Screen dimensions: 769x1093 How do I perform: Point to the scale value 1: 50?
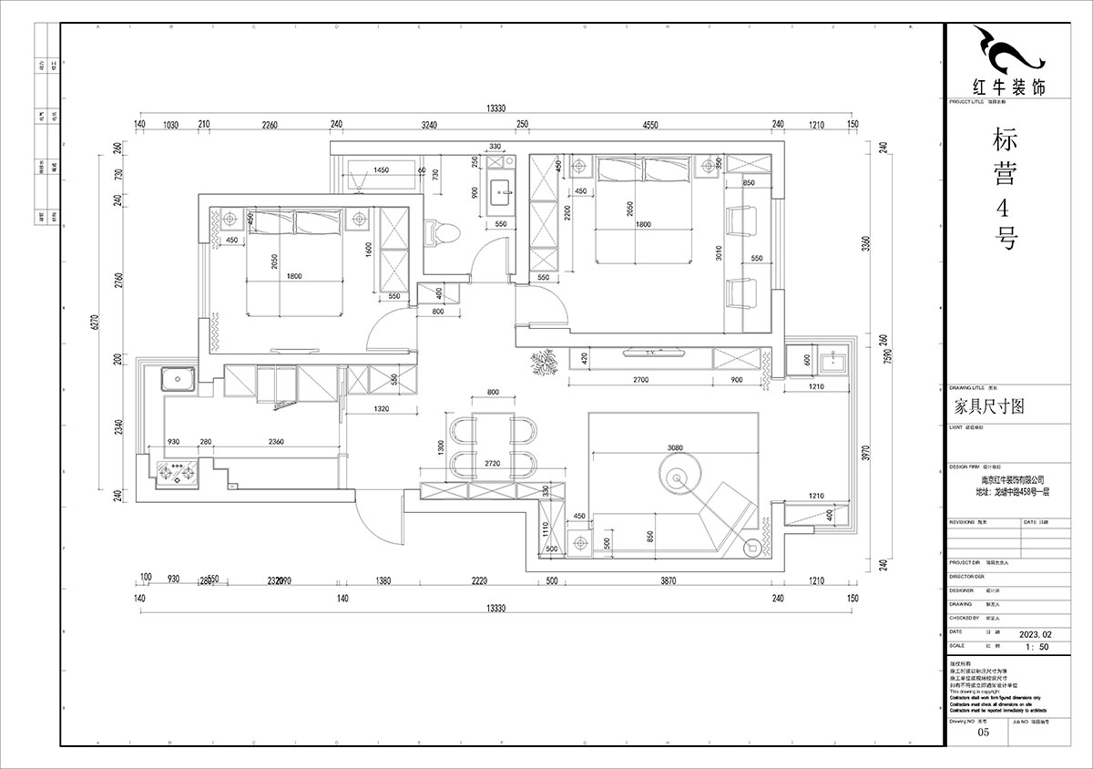click(1037, 646)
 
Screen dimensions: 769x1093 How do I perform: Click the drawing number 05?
click(982, 732)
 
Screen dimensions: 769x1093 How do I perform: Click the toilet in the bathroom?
click(442, 232)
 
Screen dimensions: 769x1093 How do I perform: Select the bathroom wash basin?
click(501, 192)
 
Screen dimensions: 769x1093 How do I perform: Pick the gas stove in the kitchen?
click(178, 473)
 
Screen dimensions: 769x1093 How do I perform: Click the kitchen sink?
click(177, 378)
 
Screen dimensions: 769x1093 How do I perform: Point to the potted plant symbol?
click(544, 364)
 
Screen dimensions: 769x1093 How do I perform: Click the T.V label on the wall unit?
click(650, 352)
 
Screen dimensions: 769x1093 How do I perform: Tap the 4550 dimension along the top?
click(649, 125)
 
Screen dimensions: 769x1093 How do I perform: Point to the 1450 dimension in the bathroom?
click(382, 170)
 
